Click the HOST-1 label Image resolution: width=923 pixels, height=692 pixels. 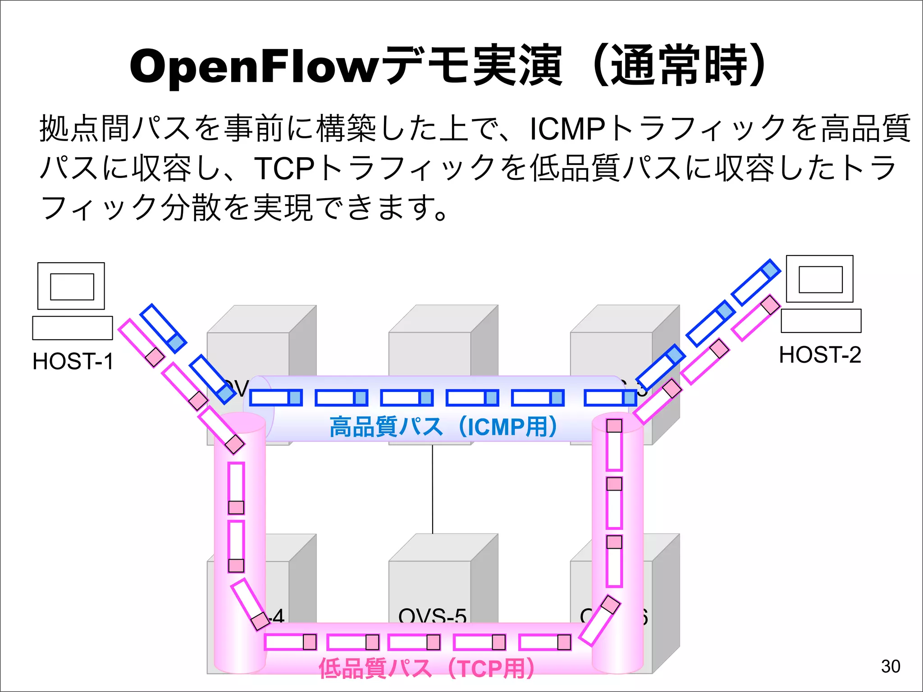tap(73, 361)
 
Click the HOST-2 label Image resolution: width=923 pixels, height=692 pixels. tap(820, 355)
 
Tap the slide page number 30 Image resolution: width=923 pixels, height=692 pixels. tap(891, 666)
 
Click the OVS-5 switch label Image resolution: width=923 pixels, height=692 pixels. tap(432, 616)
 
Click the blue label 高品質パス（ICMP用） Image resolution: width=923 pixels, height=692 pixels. tap(444, 426)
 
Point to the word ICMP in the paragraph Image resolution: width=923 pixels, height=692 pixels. tap(567, 129)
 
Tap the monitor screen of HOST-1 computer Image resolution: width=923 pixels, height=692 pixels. tap(72, 287)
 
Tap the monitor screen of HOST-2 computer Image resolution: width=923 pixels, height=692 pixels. tap(820, 279)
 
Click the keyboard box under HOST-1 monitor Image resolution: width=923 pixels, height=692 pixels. tap(72, 328)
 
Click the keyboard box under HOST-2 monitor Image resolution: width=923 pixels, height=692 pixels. tap(821, 321)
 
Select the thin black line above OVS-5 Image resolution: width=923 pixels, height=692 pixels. tap(433, 489)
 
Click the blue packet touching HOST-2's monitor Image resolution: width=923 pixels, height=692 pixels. tap(755, 282)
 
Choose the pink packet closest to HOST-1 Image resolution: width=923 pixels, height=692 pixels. tap(141, 343)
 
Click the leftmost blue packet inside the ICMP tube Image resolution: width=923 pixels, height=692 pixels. tap(276, 398)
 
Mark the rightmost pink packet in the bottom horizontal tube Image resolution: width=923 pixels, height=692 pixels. tap(545, 642)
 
